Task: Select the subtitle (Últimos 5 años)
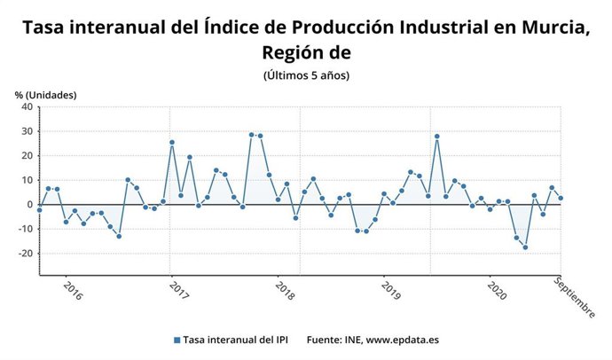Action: [x=306, y=75]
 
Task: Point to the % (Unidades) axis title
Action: [x=45, y=95]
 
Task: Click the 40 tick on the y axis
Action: [x=27, y=107]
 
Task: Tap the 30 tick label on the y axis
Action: [x=27, y=132]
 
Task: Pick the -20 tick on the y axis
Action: [x=25, y=254]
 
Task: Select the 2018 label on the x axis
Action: [x=285, y=291]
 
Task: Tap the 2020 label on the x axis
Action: [x=497, y=291]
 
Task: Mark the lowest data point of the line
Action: [x=525, y=247]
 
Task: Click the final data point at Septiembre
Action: [x=561, y=199]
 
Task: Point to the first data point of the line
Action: [x=39, y=209]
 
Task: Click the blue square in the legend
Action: [x=177, y=340]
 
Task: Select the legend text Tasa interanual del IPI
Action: [x=238, y=340]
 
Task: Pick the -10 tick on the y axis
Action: [x=25, y=229]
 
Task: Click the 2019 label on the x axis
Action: [x=390, y=291]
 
